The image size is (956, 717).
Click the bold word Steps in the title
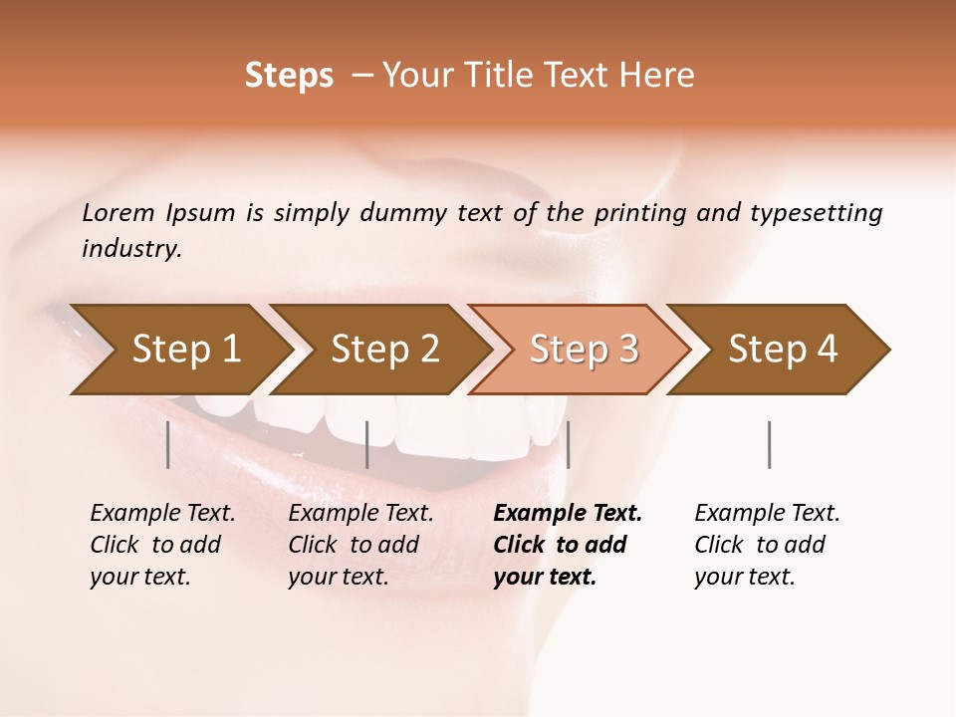click(x=289, y=76)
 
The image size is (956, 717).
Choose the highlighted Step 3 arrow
click(x=584, y=350)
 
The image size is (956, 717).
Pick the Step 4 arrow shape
click(x=783, y=350)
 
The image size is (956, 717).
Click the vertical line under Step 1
click(x=168, y=444)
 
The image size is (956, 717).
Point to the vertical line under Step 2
click(x=367, y=444)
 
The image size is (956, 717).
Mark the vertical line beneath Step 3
click(x=568, y=444)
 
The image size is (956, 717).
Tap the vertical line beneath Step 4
click(x=770, y=444)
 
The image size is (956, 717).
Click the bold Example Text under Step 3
click(x=567, y=545)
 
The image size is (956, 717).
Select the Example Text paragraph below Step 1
click(x=162, y=545)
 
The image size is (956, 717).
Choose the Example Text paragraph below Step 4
click(x=766, y=545)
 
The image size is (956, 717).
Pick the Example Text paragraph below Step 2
click(x=360, y=545)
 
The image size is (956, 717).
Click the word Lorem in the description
click(x=119, y=213)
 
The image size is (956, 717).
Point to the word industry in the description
click(x=130, y=249)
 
